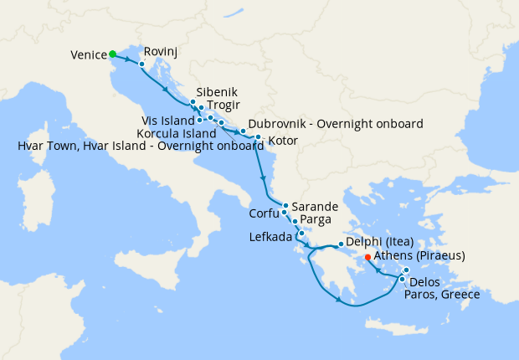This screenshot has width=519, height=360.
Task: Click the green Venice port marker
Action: point(113,54)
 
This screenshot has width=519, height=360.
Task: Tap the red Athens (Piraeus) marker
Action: point(368,257)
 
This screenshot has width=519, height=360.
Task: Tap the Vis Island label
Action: point(167,121)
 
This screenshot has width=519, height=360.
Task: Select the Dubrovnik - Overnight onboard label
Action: point(335,124)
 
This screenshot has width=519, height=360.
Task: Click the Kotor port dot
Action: point(258,137)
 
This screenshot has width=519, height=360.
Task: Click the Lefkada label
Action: point(270,237)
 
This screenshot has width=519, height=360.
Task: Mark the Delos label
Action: point(425,281)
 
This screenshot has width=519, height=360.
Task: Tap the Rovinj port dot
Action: point(142,64)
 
